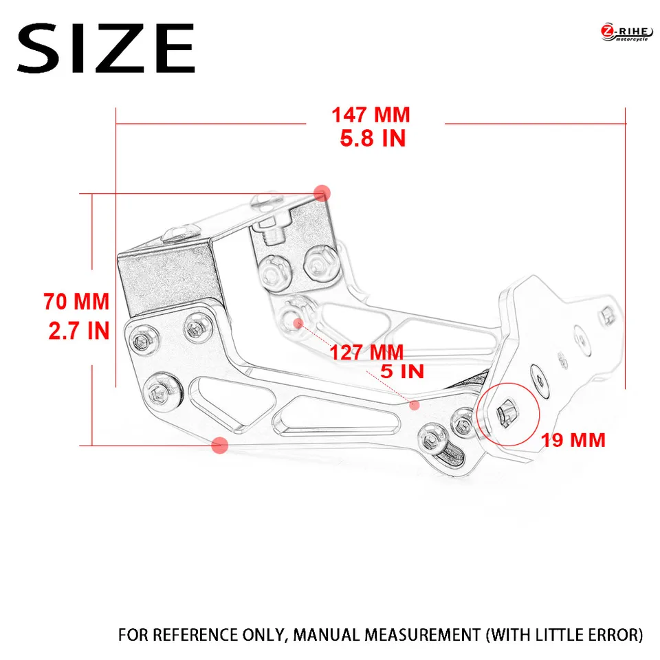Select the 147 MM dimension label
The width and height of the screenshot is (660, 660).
pos(371,114)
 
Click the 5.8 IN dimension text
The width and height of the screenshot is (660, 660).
pos(373,139)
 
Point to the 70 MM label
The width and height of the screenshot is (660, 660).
pos(76,302)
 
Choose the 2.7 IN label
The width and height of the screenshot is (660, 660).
pos(78,331)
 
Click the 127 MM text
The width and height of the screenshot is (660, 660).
pos(366,353)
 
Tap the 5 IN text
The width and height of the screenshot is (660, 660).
pos(402,372)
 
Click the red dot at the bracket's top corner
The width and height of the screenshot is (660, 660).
pos(322,192)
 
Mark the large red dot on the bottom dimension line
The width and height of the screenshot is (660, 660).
pos(220,445)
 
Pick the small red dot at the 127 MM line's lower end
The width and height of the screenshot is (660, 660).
pos(414,406)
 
